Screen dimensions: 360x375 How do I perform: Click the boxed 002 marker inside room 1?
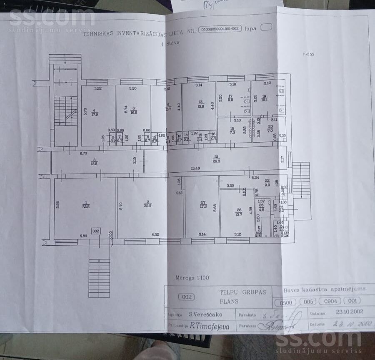(x=96, y=231)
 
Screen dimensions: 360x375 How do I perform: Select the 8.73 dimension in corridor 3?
(x=84, y=154)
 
